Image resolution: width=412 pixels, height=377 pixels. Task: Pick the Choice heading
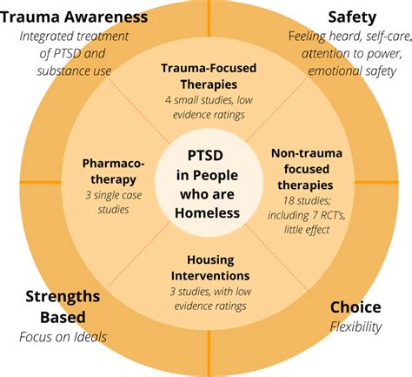tap(356, 307)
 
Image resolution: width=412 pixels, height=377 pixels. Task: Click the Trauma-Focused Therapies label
tap(206, 77)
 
